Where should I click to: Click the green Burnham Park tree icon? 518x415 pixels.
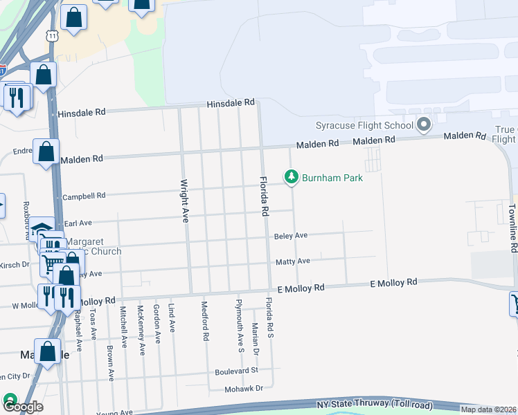(x=292, y=178)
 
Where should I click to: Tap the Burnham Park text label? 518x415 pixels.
(x=332, y=178)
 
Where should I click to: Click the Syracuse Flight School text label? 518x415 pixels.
(x=364, y=125)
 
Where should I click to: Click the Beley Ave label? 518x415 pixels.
(x=291, y=236)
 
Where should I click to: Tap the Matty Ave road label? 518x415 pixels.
(x=293, y=261)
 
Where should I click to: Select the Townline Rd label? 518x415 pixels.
(x=512, y=229)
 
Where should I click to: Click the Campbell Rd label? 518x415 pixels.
(x=84, y=196)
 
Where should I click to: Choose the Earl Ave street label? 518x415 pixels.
(x=78, y=223)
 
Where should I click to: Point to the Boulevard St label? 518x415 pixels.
(x=235, y=370)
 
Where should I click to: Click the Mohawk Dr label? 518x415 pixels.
(x=244, y=389)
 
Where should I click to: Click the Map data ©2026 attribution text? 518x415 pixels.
(x=488, y=409)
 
